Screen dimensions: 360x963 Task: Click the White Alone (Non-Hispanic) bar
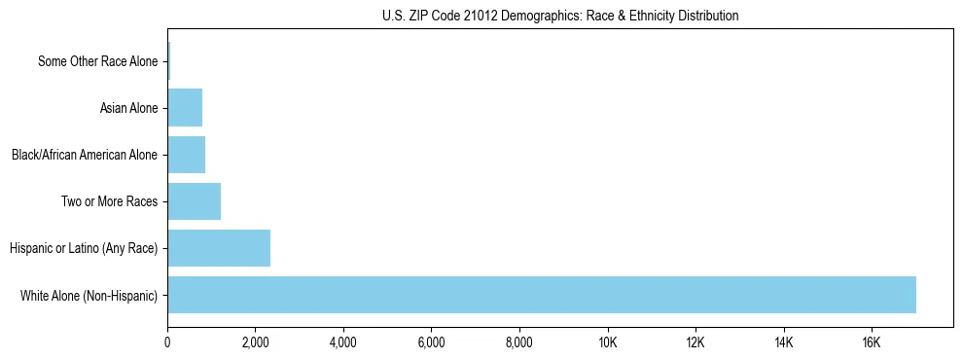point(542,295)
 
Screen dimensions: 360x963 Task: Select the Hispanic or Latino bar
point(219,248)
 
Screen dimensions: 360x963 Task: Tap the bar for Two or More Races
point(194,201)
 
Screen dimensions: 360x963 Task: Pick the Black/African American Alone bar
point(186,155)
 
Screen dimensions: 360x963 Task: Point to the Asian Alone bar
point(185,108)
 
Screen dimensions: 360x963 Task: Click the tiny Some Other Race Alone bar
point(168,61)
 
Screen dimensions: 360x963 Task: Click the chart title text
point(560,16)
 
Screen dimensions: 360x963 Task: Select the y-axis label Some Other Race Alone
point(97,62)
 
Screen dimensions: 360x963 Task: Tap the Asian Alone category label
point(128,108)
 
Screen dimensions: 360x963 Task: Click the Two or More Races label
point(109,202)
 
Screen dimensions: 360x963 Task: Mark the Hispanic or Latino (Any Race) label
point(84,249)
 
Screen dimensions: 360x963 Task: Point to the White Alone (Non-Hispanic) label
point(89,296)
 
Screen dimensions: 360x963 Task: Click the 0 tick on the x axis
point(167,342)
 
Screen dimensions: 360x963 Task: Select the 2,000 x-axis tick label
point(255,342)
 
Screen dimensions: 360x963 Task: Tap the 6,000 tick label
point(431,342)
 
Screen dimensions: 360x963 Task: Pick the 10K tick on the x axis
point(607,342)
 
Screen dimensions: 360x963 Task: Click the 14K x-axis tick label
point(783,342)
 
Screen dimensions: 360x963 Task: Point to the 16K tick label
point(871,342)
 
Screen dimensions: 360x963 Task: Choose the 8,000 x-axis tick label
point(519,342)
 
